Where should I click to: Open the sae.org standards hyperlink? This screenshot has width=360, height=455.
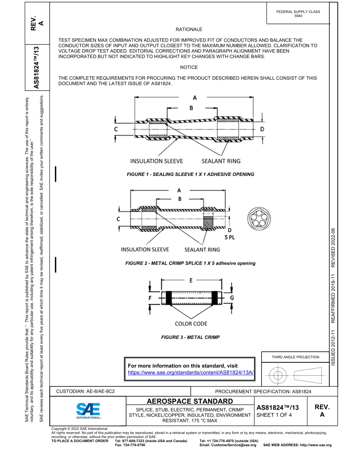point(191,373)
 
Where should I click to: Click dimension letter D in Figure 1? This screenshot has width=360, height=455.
point(262,129)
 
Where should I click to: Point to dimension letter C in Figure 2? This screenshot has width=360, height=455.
point(118,219)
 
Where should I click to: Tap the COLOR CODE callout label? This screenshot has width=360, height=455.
point(191,323)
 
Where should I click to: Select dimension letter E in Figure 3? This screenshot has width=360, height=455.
point(191,281)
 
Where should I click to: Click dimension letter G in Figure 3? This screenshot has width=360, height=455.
point(232,298)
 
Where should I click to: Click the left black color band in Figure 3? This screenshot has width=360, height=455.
point(169,298)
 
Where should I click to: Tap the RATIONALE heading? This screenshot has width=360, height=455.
point(189,29)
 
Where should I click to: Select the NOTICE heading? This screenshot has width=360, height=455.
point(189,67)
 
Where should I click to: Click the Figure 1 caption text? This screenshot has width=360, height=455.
point(190,174)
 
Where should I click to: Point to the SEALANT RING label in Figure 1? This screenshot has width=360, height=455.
point(221,161)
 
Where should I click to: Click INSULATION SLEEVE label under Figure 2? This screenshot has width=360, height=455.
point(145,249)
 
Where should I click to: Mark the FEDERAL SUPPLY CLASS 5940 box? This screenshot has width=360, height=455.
point(298,14)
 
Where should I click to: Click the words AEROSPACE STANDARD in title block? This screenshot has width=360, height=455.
point(190,401)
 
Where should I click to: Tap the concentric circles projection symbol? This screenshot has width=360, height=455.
point(278,376)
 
